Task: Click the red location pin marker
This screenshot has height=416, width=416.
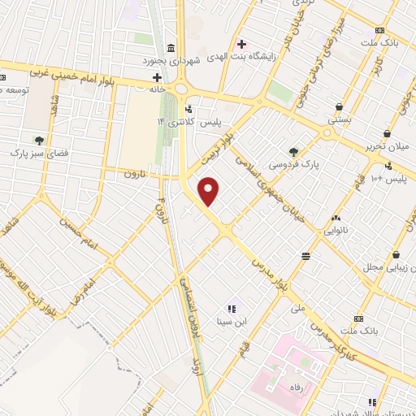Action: pyautogui.click(x=210, y=190)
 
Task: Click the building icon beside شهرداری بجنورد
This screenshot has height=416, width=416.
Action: pyautogui.click(x=170, y=49)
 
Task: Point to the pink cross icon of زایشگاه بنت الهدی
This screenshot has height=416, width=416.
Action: pyautogui.click(x=240, y=44)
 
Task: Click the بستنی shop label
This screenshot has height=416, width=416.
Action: pyautogui.click(x=338, y=119)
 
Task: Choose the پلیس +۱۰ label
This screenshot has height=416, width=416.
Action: pyautogui.click(x=388, y=178)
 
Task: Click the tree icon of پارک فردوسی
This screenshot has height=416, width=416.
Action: pyautogui.click(x=293, y=151)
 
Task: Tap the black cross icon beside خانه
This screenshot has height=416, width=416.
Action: pyautogui.click(x=157, y=78)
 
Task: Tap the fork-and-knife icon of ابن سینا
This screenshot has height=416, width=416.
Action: pyautogui.click(x=231, y=308)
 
